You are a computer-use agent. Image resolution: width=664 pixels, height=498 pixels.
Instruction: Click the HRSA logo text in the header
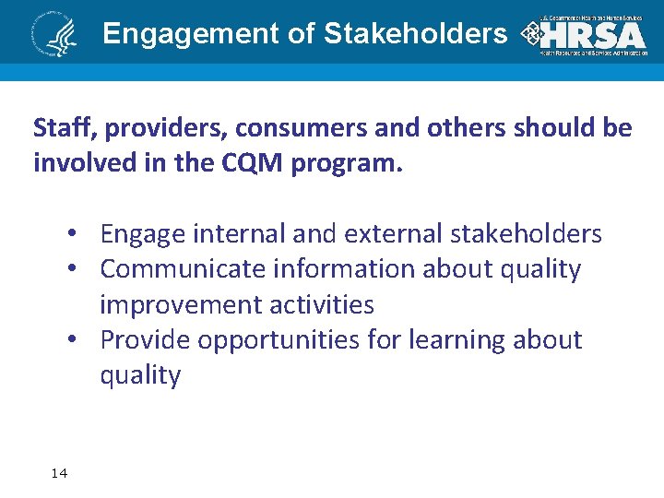(x=593, y=34)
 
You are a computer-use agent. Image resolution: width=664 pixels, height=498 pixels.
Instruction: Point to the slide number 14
(x=59, y=473)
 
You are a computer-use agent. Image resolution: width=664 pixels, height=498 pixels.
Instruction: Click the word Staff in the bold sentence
(x=58, y=127)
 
